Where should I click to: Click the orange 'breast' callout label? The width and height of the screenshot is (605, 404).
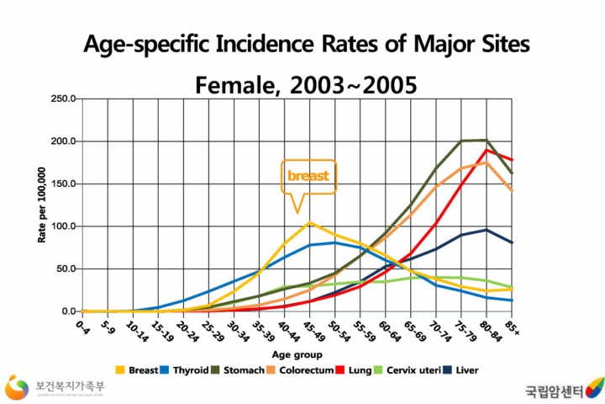coord(308,176)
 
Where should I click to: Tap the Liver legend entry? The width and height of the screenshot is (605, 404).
coord(471,370)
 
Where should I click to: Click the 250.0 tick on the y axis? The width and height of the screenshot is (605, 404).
coord(64,99)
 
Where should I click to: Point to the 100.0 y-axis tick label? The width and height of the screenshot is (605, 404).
coord(64,226)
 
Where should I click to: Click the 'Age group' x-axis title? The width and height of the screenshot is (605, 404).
coord(296,354)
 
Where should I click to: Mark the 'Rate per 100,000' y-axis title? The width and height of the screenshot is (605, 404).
coord(41,205)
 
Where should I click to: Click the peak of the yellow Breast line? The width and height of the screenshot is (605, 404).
coord(310,222)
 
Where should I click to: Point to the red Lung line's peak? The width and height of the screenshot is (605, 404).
coord(487,150)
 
